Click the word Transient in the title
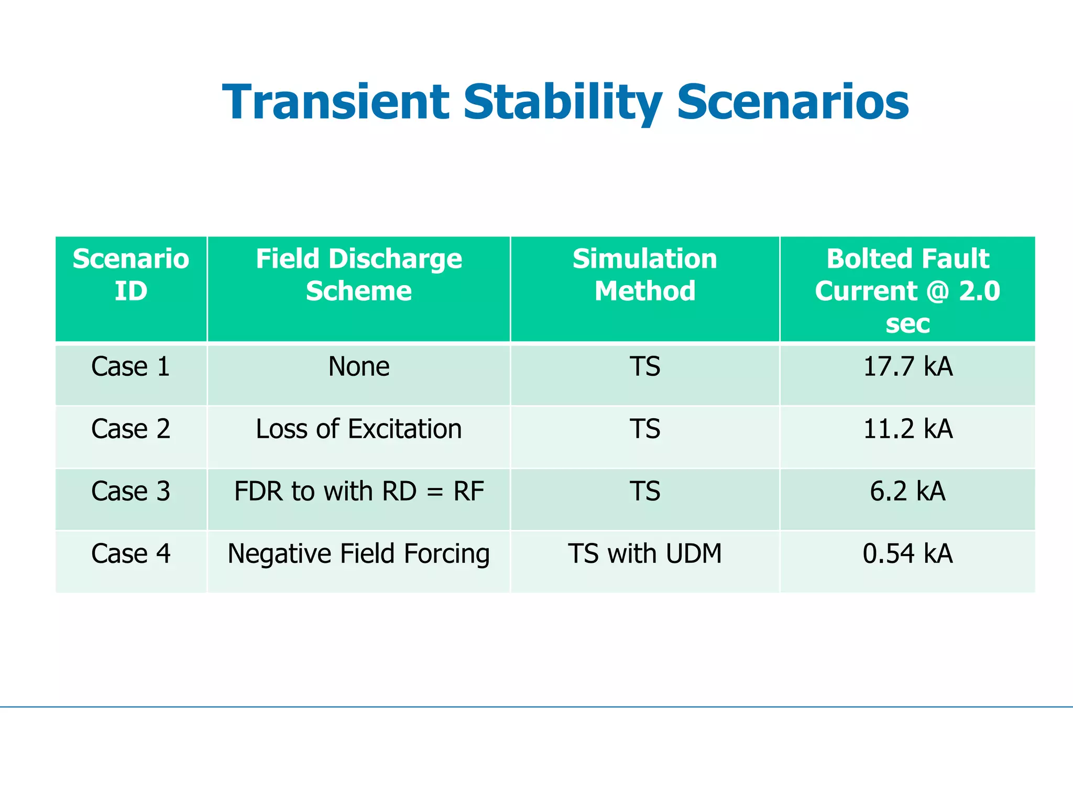(x=335, y=102)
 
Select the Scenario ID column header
(x=131, y=275)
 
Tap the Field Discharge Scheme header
(x=359, y=275)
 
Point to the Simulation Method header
(x=645, y=275)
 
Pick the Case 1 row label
(x=131, y=366)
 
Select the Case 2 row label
(x=131, y=429)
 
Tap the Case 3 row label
(x=131, y=491)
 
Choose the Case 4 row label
(x=131, y=553)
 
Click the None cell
(x=359, y=366)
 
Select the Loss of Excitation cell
(x=359, y=429)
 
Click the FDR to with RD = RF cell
(x=359, y=491)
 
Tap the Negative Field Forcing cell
(x=359, y=553)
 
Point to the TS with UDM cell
(x=645, y=553)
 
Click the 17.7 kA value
(x=907, y=366)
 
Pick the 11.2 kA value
(x=907, y=429)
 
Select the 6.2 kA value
(x=907, y=491)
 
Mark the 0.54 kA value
(x=907, y=553)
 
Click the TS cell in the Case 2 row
(x=645, y=429)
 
